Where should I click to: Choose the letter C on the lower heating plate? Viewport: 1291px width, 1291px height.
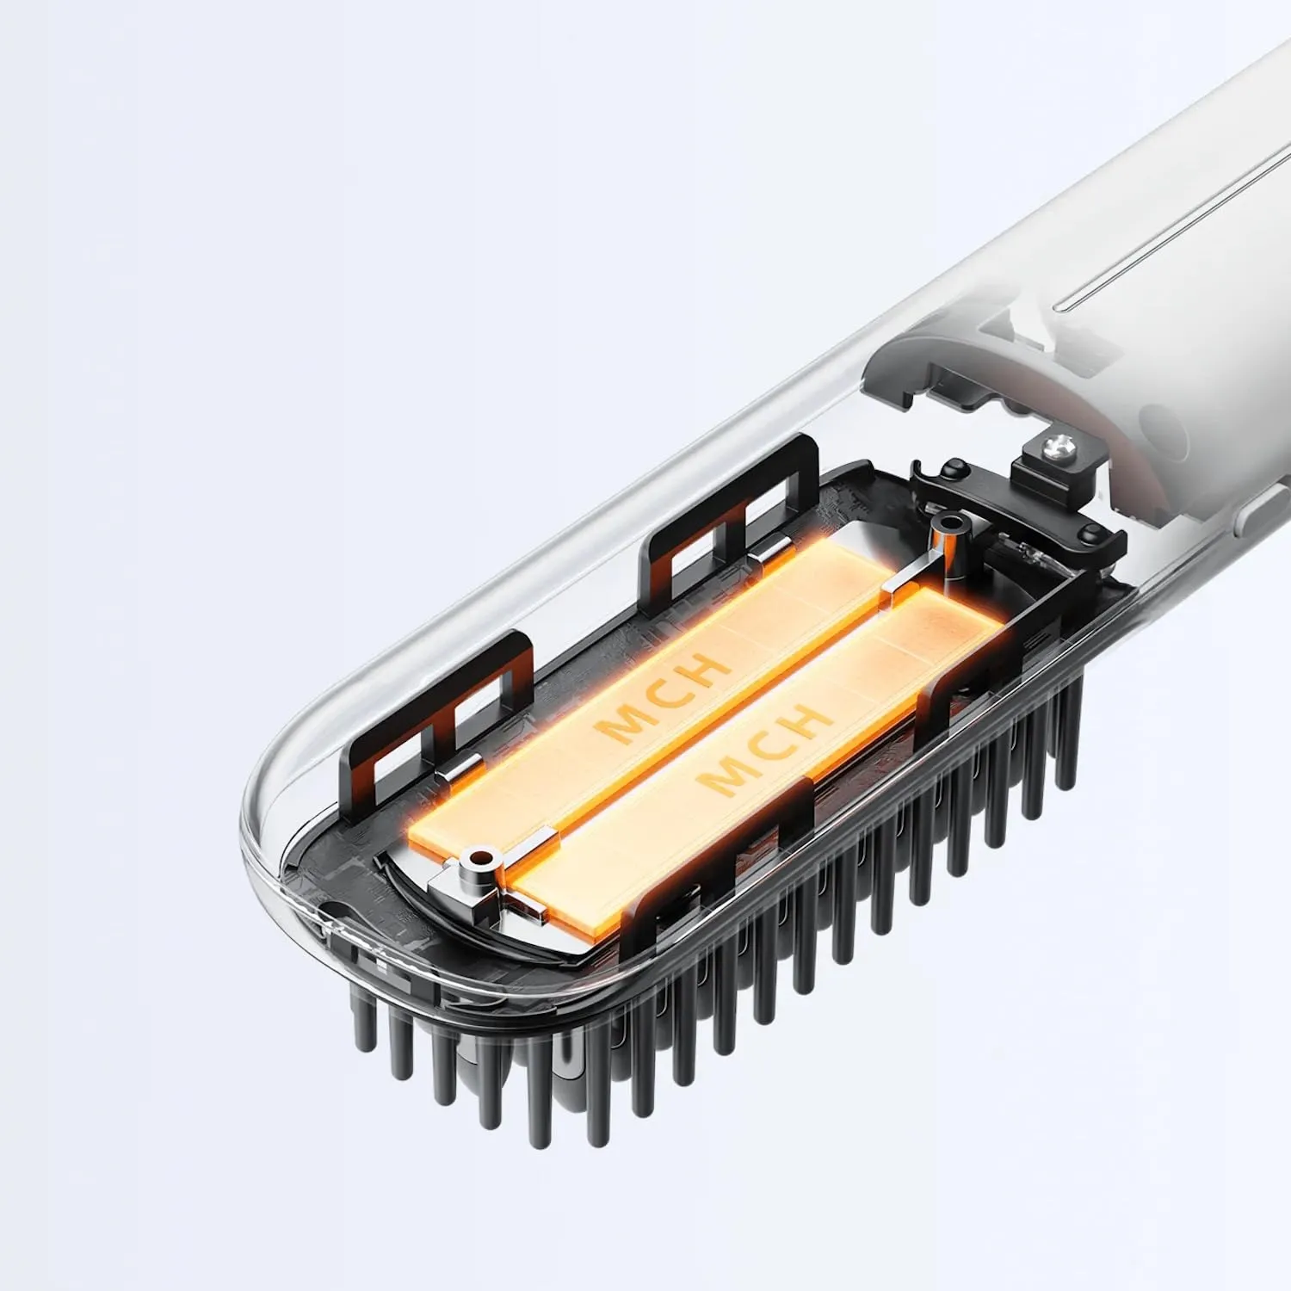[763, 749]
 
